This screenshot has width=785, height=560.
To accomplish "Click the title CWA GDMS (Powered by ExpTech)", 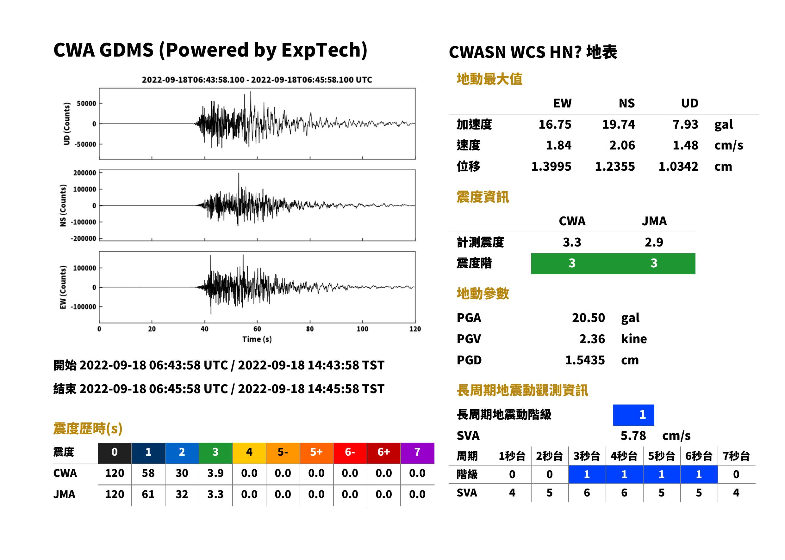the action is pyautogui.click(x=210, y=50).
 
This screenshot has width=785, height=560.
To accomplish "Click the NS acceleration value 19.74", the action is pyautogui.click(x=618, y=125).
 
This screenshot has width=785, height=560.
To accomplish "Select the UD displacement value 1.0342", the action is pyautogui.click(x=678, y=167).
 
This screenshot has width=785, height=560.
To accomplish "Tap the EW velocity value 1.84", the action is pyautogui.click(x=558, y=145).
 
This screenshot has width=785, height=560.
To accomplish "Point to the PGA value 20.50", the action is pyautogui.click(x=588, y=318).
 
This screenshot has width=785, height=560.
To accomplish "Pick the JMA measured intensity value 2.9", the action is pyautogui.click(x=654, y=242).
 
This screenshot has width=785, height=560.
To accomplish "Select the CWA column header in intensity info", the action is pyautogui.click(x=572, y=221).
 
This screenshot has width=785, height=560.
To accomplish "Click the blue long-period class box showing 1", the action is pyautogui.click(x=633, y=415).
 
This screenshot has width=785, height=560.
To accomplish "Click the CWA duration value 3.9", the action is pyautogui.click(x=215, y=473).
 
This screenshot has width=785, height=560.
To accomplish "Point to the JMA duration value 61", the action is pyautogui.click(x=148, y=494).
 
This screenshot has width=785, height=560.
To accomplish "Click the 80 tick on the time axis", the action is pyautogui.click(x=310, y=329).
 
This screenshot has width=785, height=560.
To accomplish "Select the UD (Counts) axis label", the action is pyautogui.click(x=67, y=124).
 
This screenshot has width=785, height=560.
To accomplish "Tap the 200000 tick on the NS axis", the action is pyautogui.click(x=84, y=173).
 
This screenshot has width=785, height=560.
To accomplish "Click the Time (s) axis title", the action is pyautogui.click(x=257, y=339).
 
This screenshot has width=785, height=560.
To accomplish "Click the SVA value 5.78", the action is pyautogui.click(x=633, y=435).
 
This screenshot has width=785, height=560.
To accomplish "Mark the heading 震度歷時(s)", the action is pyautogui.click(x=88, y=429).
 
